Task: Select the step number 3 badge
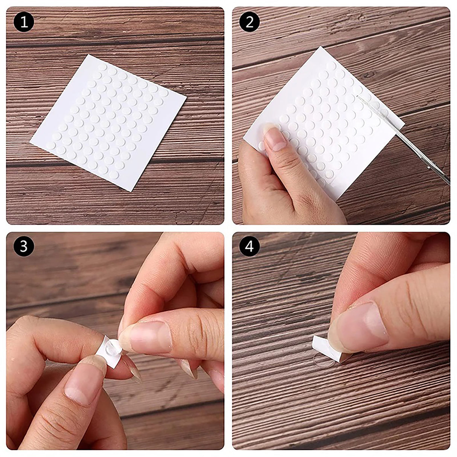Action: click(24, 247)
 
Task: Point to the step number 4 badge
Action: click(250, 247)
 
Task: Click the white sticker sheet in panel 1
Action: click(108, 122)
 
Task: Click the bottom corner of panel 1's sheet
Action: click(129, 191)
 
